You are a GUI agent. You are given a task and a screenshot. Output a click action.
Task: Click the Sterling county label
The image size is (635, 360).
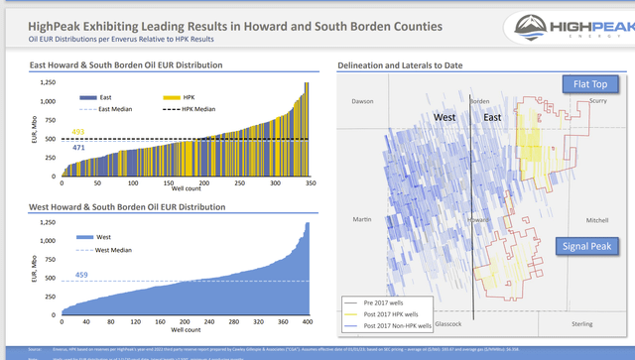(x=583, y=323)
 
